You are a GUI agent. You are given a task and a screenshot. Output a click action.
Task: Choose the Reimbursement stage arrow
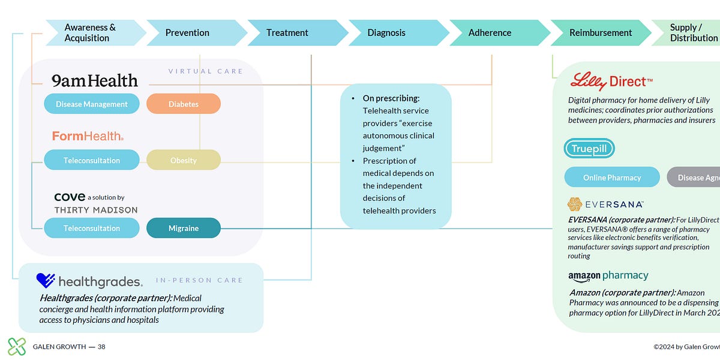tap(600, 33)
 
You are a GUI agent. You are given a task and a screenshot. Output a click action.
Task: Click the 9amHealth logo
tap(94, 81)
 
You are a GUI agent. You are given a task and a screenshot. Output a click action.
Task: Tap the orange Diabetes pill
tap(184, 104)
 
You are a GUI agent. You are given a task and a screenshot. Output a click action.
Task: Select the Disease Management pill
tap(92, 104)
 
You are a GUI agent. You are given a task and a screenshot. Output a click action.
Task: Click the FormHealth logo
tap(88, 136)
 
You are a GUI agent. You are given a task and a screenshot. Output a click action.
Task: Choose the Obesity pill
tap(184, 160)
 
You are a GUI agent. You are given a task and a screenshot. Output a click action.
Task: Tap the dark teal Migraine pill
tap(184, 228)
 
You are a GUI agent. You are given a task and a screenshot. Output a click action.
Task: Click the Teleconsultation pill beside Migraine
tap(92, 228)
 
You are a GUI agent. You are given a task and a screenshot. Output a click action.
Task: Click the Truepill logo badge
tap(589, 149)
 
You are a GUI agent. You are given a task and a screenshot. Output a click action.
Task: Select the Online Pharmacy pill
tap(612, 178)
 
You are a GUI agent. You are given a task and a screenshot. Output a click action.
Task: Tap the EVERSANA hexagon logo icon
tap(575, 205)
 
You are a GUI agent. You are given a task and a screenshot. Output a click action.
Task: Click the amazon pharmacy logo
tap(608, 276)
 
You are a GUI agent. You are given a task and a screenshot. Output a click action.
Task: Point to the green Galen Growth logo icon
tap(17, 346)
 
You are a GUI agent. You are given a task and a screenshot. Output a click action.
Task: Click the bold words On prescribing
tap(391, 98)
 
